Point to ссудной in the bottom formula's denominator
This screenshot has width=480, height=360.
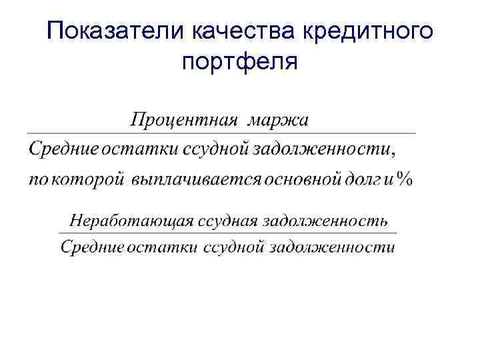pyautogui.click(x=235, y=247)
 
